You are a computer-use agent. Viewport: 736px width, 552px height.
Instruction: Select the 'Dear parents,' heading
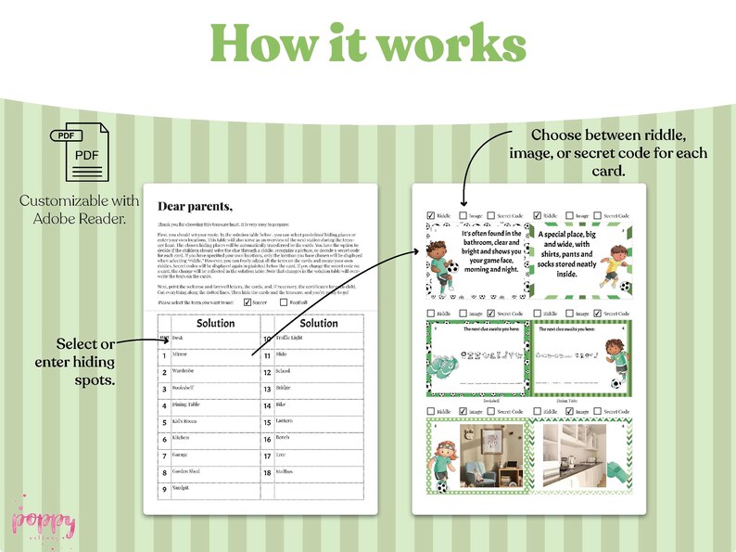point(196,206)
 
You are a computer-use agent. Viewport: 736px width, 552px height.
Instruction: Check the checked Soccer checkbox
point(247,302)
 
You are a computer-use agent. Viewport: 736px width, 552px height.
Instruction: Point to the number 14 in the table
point(267,405)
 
